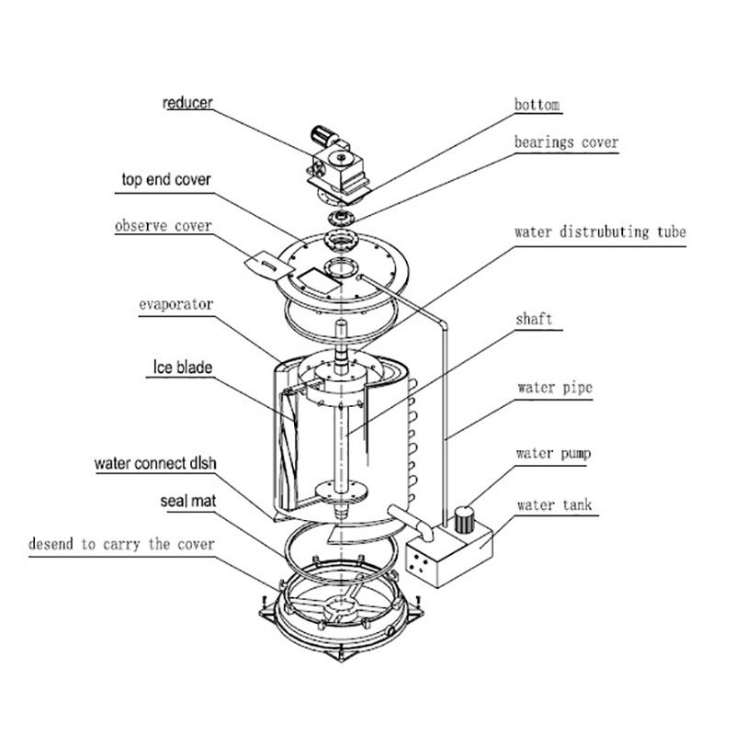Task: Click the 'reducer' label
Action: (x=187, y=103)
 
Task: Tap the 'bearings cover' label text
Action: (x=566, y=142)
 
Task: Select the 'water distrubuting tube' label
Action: (x=600, y=232)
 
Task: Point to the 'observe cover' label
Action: (x=164, y=226)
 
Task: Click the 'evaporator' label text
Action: (x=175, y=305)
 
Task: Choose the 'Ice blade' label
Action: (x=182, y=367)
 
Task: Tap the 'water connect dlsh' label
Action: (x=155, y=464)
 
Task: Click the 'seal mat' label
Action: (x=188, y=501)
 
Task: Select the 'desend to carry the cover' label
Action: (x=121, y=544)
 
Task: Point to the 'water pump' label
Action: (x=553, y=453)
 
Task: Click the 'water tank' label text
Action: (x=555, y=505)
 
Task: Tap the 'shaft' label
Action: (x=534, y=319)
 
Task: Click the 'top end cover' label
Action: (x=166, y=179)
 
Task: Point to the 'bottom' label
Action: (x=537, y=105)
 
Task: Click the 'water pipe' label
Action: (x=555, y=388)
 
